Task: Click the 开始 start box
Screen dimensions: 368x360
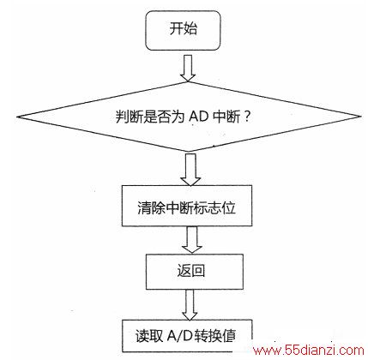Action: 183,30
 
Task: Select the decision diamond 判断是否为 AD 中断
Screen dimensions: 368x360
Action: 189,117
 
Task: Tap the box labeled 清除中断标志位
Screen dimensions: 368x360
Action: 187,206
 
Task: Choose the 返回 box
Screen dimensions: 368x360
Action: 195,272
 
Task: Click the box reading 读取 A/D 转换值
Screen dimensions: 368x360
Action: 187,336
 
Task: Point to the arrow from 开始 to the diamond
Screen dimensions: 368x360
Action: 188,68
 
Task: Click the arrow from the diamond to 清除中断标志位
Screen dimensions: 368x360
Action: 190,170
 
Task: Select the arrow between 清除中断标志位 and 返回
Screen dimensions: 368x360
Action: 192,239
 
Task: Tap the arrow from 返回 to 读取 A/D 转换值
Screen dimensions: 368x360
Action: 190,304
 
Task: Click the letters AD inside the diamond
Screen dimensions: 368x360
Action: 198,117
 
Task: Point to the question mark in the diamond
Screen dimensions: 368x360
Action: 247,117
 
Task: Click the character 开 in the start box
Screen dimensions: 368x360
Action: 176,28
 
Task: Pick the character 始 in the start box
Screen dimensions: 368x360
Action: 190,28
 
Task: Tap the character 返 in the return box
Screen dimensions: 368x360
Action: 184,271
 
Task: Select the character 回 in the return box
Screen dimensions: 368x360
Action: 198,271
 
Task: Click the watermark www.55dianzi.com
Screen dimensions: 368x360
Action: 309,351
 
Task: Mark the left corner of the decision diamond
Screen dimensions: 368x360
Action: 17,117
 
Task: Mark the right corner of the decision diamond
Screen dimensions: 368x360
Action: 361,117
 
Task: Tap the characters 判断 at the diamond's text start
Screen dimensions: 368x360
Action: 130,117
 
